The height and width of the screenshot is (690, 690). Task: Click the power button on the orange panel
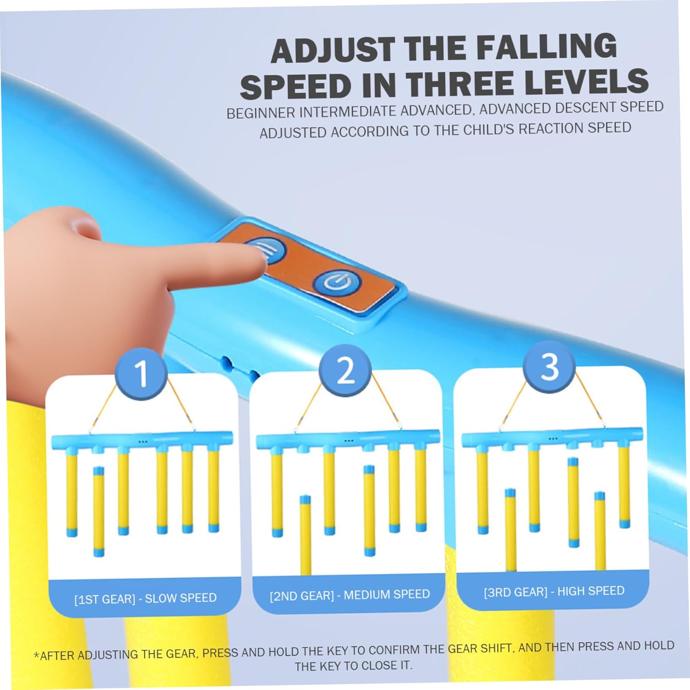tap(336, 282)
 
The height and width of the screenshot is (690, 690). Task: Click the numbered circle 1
tap(141, 374)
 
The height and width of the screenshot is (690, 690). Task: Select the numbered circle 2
tap(345, 370)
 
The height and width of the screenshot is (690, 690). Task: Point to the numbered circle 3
tap(549, 367)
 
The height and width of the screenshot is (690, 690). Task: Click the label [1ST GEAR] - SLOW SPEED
tap(145, 598)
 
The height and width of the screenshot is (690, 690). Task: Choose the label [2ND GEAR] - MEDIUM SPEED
tap(350, 595)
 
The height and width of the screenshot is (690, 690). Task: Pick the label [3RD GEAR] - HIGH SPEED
tap(554, 592)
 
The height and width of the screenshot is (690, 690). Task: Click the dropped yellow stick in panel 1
tap(98, 512)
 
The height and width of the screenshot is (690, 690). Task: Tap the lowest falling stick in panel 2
tap(305, 535)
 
